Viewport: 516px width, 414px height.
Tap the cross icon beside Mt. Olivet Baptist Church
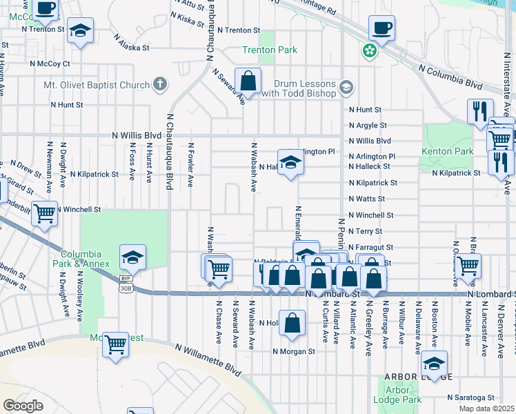tap(160, 85)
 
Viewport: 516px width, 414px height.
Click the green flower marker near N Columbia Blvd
tap(370, 50)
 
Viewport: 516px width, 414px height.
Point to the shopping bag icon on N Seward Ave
tap(248, 81)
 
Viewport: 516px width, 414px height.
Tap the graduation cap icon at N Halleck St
tap(291, 163)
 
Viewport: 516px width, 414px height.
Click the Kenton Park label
tap(449, 150)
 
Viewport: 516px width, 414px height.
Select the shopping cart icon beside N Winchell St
tap(44, 213)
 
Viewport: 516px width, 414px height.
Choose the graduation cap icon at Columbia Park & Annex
tap(133, 258)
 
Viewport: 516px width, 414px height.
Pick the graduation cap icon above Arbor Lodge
tap(434, 364)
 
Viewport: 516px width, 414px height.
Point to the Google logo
tap(23, 406)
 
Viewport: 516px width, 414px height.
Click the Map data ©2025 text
tap(486, 408)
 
